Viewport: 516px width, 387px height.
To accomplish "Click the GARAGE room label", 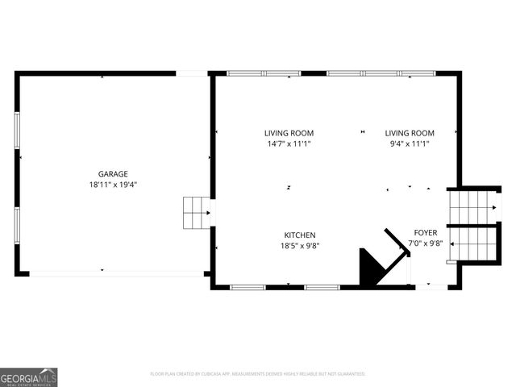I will coord(113,173).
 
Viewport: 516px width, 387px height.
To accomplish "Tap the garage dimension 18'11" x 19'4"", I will coord(113,185).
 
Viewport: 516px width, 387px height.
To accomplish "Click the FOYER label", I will coord(426,232).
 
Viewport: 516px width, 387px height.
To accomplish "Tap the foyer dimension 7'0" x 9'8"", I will coord(426,243).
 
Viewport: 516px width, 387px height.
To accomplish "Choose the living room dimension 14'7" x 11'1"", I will coord(289,144).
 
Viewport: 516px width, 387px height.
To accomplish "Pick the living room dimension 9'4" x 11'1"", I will coord(409,144).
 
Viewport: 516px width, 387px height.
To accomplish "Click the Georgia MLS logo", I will coord(29,377).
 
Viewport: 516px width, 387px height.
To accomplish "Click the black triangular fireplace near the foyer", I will coord(373,267).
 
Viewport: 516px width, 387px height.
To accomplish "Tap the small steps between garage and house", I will coord(196,212).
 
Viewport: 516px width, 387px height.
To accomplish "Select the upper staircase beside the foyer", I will coord(471,206).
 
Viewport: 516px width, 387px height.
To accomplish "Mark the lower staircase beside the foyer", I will coord(471,244).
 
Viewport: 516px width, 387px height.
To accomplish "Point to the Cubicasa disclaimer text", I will coord(258,374).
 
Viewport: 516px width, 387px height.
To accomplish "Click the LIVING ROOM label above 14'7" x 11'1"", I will coord(289,133).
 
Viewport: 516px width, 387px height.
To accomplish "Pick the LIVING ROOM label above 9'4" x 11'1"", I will coord(409,133).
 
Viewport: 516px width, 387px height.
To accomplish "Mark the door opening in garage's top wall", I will coord(192,73).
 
